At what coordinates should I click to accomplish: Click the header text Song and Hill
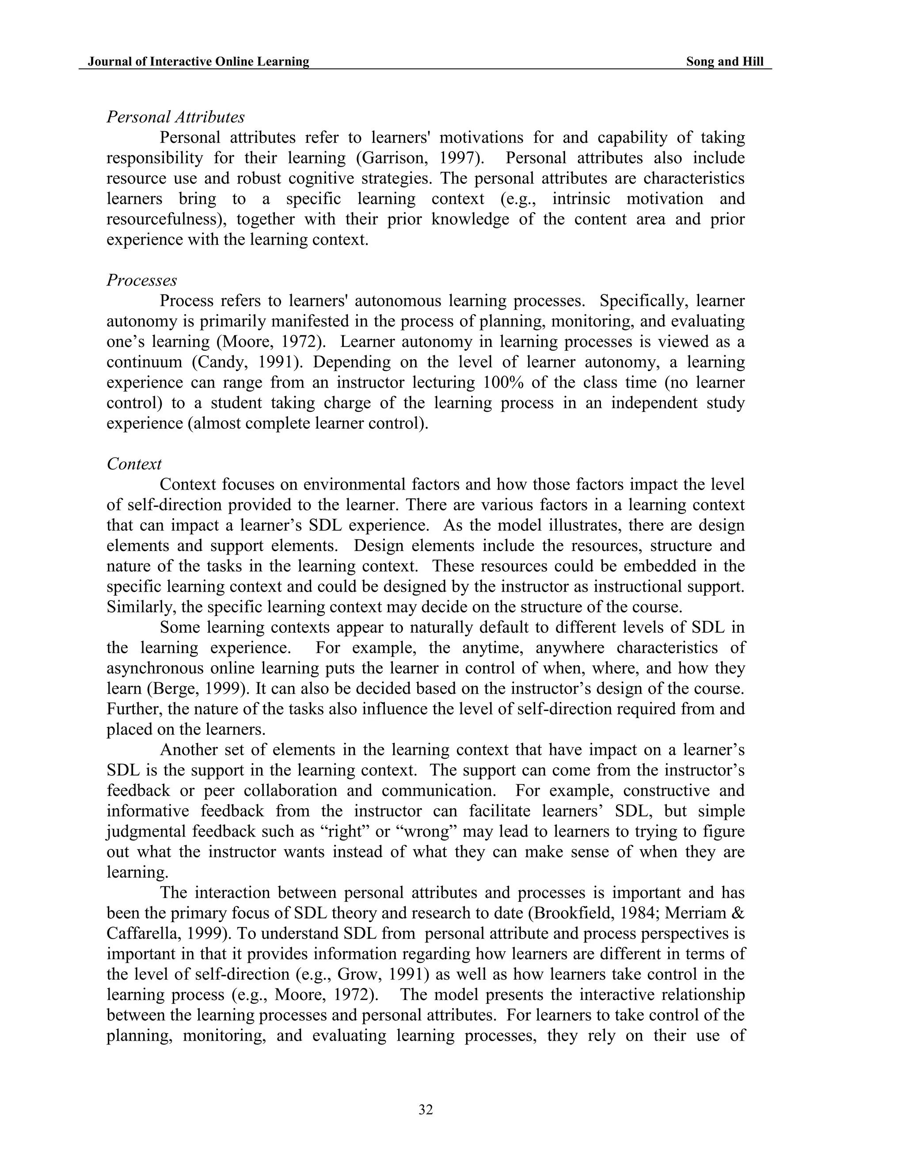point(724,62)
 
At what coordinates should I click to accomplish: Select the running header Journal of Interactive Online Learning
point(198,62)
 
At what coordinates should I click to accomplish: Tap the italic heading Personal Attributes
point(175,117)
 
